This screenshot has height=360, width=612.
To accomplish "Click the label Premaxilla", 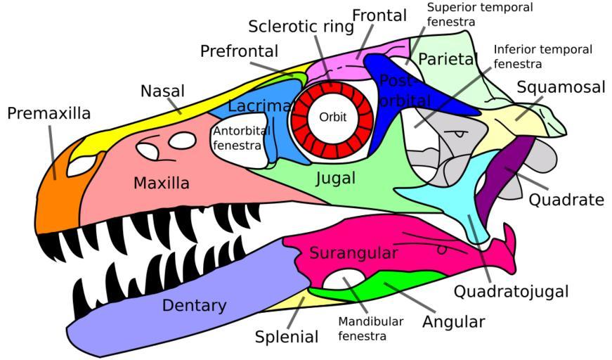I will pyautogui.click(x=49, y=113).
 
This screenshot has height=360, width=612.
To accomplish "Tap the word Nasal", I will pyautogui.click(x=162, y=91).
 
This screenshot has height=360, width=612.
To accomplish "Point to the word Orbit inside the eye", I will pyautogui.click(x=333, y=117).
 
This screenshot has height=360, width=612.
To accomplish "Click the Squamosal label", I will pyautogui.click(x=561, y=87).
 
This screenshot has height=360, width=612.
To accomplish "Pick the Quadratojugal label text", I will pyautogui.click(x=511, y=291).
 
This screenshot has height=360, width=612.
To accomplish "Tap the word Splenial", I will pyautogui.click(x=287, y=337).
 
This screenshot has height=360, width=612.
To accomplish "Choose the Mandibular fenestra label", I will pyautogui.click(x=371, y=328).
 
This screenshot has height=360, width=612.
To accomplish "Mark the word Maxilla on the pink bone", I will pyautogui.click(x=162, y=184).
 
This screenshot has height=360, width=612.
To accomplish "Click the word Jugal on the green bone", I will pyautogui.click(x=335, y=179).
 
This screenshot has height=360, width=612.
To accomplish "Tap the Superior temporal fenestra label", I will pyautogui.click(x=480, y=14).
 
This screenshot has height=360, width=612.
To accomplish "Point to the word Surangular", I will pyautogui.click(x=354, y=252).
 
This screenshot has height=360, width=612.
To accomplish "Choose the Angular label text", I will pyautogui.click(x=453, y=322).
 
